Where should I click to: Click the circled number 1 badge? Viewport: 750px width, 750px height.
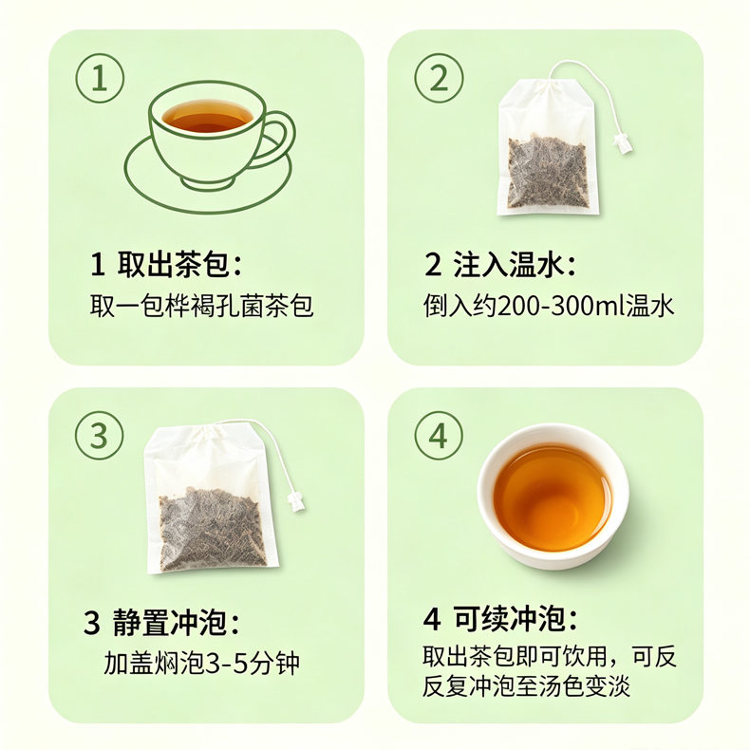click(x=100, y=78)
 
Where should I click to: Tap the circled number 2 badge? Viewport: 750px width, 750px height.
click(x=439, y=78)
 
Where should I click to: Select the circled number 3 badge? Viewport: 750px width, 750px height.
click(x=99, y=436)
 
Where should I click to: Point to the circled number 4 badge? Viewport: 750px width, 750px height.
click(x=439, y=436)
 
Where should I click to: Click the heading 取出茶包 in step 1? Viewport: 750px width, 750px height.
click(x=173, y=264)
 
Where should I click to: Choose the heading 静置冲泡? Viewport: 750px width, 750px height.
click(x=169, y=622)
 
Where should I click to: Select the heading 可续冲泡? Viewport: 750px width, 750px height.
click(x=509, y=619)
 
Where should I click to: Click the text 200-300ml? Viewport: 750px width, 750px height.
click(x=562, y=306)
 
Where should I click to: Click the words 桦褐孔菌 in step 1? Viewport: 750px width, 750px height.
click(x=215, y=306)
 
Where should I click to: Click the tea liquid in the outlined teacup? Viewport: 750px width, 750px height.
click(x=207, y=115)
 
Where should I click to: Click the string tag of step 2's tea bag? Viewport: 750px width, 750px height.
click(x=625, y=143)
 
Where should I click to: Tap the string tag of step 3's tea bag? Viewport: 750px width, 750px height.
click(x=295, y=502)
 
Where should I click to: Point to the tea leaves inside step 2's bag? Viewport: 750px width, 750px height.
click(x=547, y=172)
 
